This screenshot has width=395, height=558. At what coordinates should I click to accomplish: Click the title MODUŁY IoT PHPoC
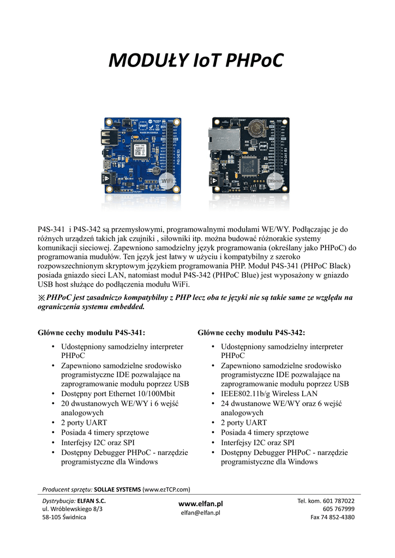pos(197,61)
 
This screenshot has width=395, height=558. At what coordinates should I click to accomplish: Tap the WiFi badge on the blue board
pos(167,181)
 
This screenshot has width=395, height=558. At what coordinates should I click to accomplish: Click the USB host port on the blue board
pos(108,137)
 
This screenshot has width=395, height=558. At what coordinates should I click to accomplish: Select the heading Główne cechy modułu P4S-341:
pos(92,332)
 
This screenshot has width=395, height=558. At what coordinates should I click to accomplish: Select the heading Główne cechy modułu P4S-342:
pos(252,332)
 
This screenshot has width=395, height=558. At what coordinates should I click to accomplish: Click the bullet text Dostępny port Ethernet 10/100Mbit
pos(118,393)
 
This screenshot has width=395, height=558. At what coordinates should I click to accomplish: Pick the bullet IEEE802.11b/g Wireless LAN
pos(269,393)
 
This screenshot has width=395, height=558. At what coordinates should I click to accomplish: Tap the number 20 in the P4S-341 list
pos(65,403)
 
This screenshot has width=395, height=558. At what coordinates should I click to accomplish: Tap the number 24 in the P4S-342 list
pos(225,403)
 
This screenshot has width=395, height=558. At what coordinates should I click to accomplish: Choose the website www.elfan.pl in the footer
pos(201,504)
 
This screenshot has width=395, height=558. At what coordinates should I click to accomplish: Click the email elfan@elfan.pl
pos(201,513)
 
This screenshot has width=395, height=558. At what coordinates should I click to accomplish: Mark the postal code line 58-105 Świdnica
pos(64,517)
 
